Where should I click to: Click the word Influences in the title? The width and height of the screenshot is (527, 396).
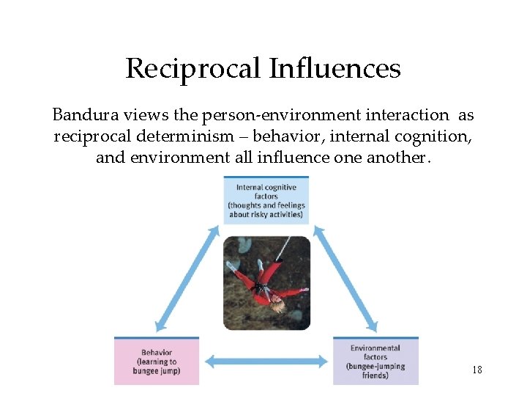[334, 69]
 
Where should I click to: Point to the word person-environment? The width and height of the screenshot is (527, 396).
[278, 115]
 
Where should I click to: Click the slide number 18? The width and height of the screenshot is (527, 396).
[476, 370]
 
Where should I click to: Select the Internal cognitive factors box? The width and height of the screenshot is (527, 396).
[266, 201]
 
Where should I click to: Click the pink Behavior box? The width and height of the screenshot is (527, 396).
[157, 362]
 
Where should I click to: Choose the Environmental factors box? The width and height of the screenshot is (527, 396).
[375, 362]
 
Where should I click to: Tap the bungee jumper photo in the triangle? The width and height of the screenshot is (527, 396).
[266, 282]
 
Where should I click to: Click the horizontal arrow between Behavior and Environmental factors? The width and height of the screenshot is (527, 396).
[266, 361]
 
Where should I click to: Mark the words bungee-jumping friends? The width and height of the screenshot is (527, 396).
[375, 370]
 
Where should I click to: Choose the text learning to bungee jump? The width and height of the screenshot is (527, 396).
[157, 366]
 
